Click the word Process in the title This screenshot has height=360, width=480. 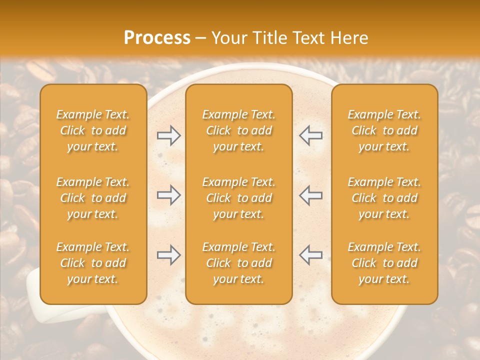(x=157, y=38)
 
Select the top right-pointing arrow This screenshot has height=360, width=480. (x=169, y=135)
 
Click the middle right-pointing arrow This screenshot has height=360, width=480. (x=169, y=195)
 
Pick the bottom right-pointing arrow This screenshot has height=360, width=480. (x=169, y=255)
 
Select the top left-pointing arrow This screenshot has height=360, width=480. (x=310, y=135)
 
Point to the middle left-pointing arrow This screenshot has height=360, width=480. (x=310, y=195)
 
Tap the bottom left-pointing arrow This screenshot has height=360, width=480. (x=310, y=255)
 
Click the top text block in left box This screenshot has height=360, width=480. (x=93, y=130)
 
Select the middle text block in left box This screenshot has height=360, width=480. (x=93, y=198)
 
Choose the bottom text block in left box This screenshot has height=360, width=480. (x=93, y=263)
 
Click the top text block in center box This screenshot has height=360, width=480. (x=238, y=130)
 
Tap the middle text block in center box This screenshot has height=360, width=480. (x=238, y=198)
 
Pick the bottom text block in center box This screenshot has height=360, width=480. (x=238, y=263)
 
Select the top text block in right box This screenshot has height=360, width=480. (x=384, y=130)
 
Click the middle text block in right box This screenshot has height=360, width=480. (x=384, y=198)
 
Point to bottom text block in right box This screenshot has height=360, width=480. (x=384, y=263)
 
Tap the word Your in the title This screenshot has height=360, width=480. (x=227, y=38)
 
